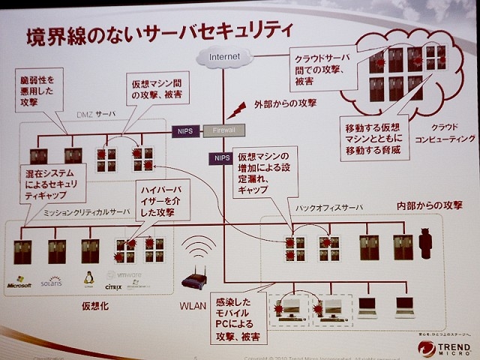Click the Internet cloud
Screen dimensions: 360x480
pos(223,56)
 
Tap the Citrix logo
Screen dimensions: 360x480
pos(113,286)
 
